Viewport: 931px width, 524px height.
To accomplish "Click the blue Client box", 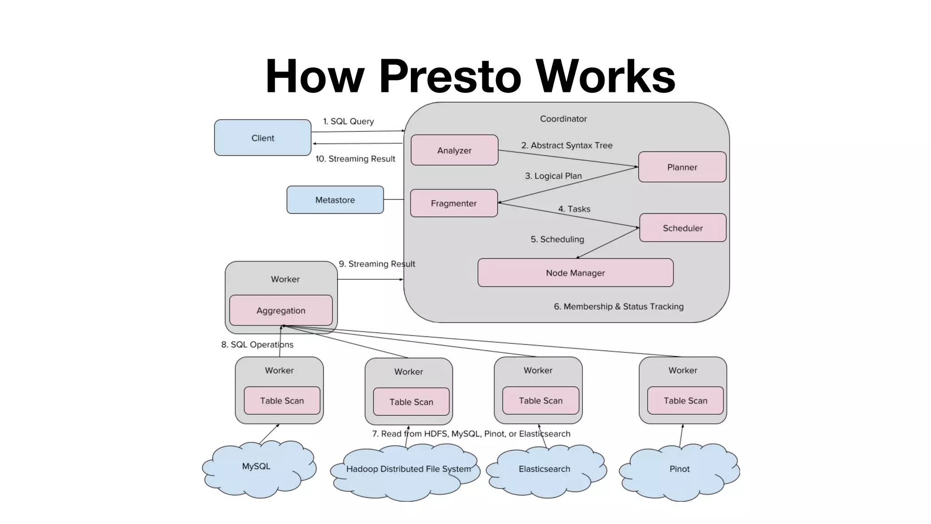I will coord(263,138).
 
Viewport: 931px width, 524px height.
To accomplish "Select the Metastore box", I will coord(335,200).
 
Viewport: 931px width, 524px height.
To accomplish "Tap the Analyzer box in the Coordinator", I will coord(454,150).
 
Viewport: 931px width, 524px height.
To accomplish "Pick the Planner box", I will coord(682,167).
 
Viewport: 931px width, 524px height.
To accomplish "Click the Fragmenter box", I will coord(454,203).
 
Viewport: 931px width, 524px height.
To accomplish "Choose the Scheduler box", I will coord(682,228).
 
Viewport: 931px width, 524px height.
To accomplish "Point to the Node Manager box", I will coord(575,273).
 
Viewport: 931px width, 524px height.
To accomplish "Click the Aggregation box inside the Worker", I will coord(281,310).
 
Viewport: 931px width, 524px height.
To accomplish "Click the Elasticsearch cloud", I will coord(545,471).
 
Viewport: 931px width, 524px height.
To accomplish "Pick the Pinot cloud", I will coord(679,471).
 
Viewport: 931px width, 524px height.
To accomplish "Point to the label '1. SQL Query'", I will coord(348,121).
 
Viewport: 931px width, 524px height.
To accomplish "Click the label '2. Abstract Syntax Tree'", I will coord(566,146).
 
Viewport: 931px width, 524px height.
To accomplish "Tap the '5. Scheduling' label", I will coord(557,239).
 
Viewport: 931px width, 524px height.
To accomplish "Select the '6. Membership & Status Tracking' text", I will coord(618,307).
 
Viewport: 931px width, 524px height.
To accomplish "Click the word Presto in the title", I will coord(450,76).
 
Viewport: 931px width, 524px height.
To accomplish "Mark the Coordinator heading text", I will coord(563,119).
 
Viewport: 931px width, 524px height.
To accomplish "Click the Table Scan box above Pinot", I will coord(685,401).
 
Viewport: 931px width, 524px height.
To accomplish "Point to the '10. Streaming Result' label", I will coord(355,159).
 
